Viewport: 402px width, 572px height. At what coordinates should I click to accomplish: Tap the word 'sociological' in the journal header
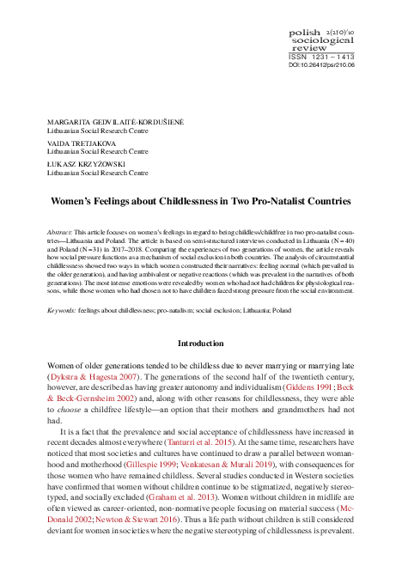pyautogui.click(x=326, y=40)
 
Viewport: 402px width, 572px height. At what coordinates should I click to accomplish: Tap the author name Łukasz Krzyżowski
pyautogui.click(x=87, y=161)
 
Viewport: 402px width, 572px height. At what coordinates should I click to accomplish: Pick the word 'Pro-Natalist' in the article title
pyautogui.click(x=277, y=201)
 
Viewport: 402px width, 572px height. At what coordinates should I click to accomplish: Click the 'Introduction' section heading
pyautogui.click(x=201, y=343)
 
